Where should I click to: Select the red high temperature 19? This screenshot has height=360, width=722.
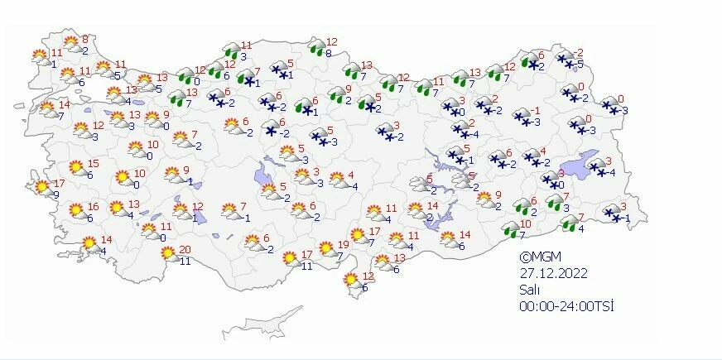pos(344,244)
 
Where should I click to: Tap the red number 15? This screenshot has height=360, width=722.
pos(94,164)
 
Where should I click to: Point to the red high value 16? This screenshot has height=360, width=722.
pos(93,207)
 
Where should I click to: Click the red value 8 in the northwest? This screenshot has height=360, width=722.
pos(84,39)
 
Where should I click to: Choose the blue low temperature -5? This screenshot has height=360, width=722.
pos(580,64)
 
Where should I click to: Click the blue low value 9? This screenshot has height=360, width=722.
pos(55,194)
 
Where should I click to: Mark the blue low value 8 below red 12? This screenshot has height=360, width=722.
pos(330,54)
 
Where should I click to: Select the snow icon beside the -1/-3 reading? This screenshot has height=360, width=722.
pos(523,116)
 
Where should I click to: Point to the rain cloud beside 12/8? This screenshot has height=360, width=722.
pos(315,47)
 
